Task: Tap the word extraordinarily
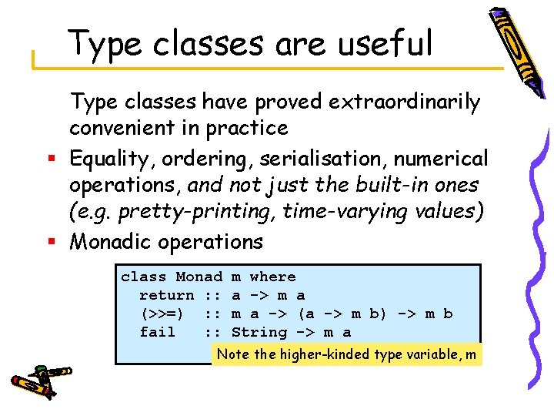pyautogui.click(x=406, y=102)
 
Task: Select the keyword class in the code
pyautogui.click(x=143, y=277)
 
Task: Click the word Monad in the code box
pyautogui.click(x=199, y=277)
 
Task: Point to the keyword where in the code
pyautogui.click(x=272, y=277)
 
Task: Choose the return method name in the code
pyautogui.click(x=166, y=295)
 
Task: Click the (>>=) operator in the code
pyautogui.click(x=162, y=314)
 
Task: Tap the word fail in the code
pyautogui.click(x=157, y=332)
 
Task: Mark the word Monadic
pyautogui.click(x=111, y=242)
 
